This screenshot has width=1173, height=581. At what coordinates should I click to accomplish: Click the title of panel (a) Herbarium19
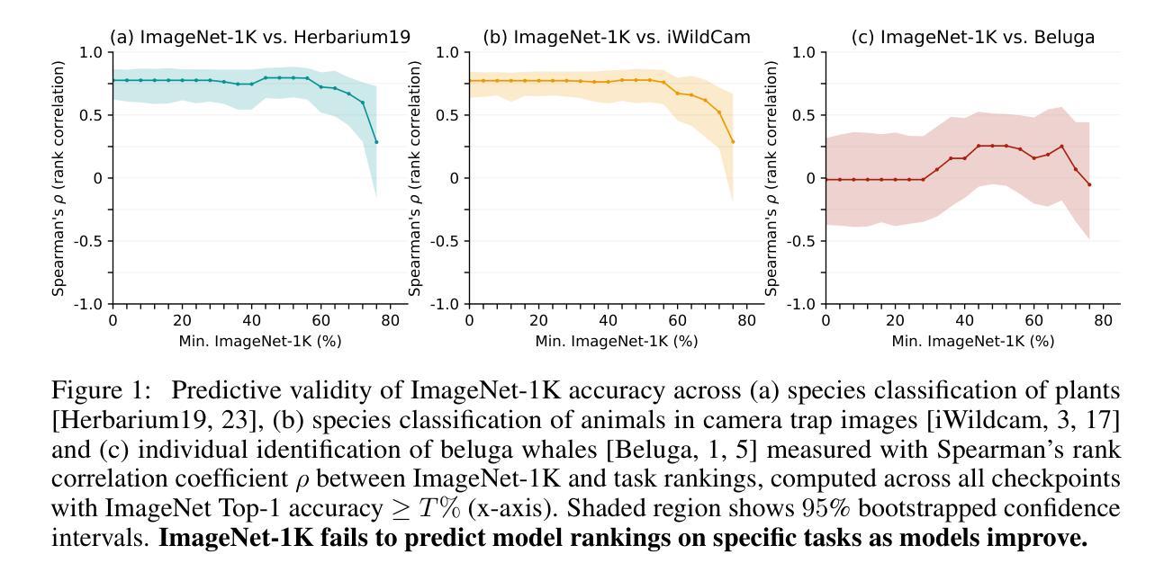coord(260,37)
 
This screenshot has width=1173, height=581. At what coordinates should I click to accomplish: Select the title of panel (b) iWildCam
coord(616,37)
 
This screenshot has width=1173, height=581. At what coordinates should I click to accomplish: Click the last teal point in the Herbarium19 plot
coord(376,142)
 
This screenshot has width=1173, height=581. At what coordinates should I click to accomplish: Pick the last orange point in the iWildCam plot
coord(733,142)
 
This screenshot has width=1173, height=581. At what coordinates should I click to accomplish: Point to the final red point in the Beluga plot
coord(1089,184)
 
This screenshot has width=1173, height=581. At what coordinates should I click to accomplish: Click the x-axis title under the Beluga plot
coord(972,342)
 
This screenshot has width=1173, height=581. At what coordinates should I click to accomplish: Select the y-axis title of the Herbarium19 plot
coord(59,178)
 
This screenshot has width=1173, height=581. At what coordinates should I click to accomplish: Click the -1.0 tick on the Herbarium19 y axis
coord(92,304)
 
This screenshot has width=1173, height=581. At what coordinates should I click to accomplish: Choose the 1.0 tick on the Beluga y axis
coord(807,52)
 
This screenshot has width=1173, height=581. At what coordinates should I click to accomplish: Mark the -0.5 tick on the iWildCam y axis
coord(448,241)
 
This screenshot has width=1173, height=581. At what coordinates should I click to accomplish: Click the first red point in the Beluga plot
coord(826,179)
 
